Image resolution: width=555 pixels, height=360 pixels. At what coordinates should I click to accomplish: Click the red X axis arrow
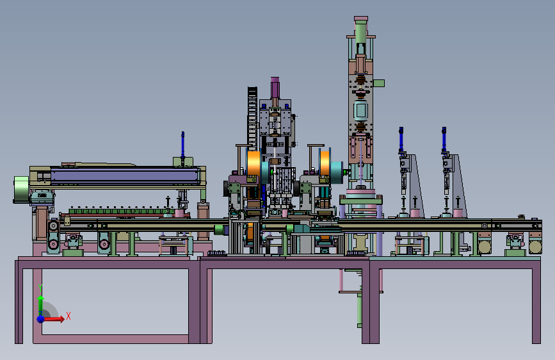coord(52,319)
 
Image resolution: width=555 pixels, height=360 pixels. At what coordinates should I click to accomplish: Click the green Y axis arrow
coord(41,303)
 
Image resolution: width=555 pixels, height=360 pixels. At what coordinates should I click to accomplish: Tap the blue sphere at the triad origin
coord(41,319)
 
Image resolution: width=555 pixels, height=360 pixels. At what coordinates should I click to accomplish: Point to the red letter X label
coord(68,316)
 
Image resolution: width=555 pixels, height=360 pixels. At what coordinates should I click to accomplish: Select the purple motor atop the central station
coord(275,88)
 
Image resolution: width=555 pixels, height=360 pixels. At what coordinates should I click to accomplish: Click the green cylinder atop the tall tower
coord(360,31)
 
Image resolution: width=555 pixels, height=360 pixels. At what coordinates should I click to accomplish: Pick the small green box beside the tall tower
coord(379,83)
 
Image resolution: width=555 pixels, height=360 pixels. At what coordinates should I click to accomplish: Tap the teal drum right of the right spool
coord(336,172)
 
